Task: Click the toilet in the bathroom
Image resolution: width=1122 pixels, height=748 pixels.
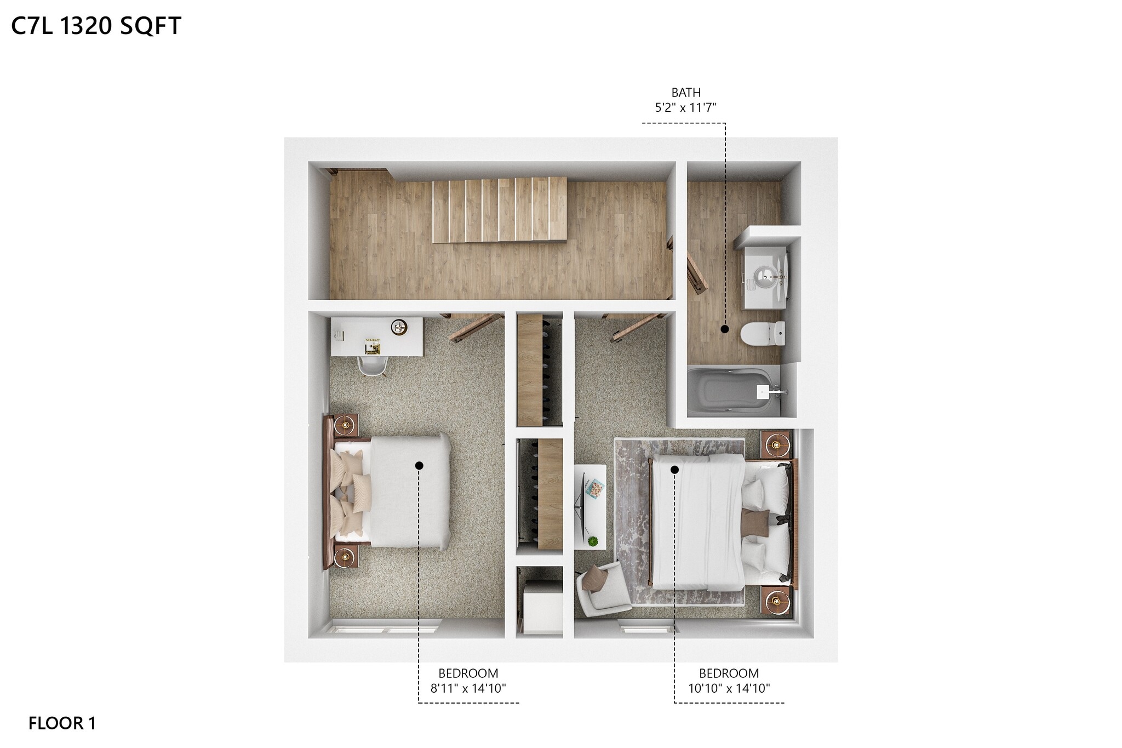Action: pos(762,333)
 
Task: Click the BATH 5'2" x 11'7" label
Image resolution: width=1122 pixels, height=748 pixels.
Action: pos(685,100)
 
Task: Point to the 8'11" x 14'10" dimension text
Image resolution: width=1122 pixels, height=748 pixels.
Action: pos(468,688)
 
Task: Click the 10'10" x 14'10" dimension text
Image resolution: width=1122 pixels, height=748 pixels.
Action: pos(729,688)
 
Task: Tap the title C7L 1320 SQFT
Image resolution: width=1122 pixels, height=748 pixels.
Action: pos(96,26)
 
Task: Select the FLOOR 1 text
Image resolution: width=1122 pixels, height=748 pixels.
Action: pos(62,723)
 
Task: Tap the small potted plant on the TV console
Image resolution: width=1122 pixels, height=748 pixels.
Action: pos(592,541)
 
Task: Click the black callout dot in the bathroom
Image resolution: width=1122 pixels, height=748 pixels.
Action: pos(725,329)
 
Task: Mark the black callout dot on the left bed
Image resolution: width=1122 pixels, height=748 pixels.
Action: pos(419,466)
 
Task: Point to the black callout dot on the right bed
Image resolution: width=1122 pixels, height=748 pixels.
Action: pos(675,470)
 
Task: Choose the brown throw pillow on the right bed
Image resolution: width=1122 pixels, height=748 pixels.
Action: pos(754,522)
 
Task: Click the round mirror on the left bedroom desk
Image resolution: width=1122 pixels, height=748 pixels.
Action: pos(399,327)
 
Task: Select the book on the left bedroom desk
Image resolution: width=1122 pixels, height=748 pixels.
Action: pos(373,346)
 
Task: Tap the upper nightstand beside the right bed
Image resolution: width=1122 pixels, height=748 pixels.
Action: pos(776,444)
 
